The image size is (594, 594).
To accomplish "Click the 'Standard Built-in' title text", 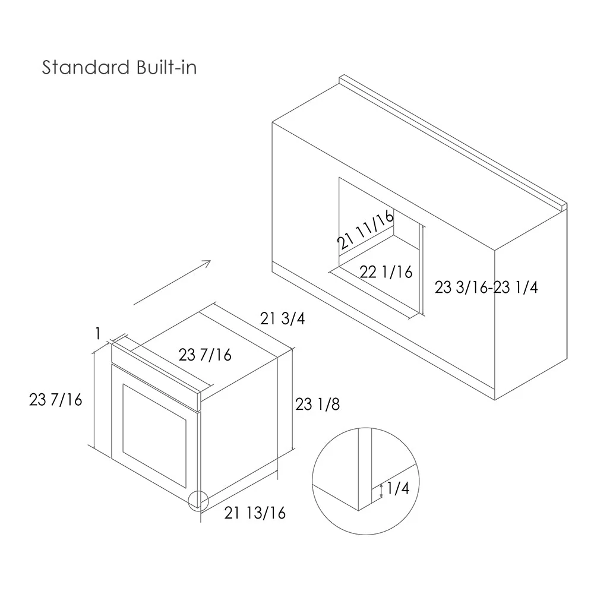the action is pyautogui.click(x=119, y=68).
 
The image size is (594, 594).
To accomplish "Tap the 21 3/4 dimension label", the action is pyautogui.click(x=282, y=319).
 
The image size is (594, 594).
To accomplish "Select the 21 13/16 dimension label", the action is pyautogui.click(x=255, y=513).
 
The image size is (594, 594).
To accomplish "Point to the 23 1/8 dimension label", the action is pyautogui.click(x=317, y=404).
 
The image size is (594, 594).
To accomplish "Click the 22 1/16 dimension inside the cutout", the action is pyautogui.click(x=386, y=272).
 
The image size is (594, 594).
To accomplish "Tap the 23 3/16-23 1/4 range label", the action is pyautogui.click(x=486, y=287).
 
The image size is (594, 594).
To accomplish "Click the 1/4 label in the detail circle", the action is pyautogui.click(x=398, y=488).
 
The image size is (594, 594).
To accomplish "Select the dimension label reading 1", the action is pyautogui.click(x=98, y=334).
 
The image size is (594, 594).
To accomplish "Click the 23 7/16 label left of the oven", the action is pyautogui.click(x=56, y=400).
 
